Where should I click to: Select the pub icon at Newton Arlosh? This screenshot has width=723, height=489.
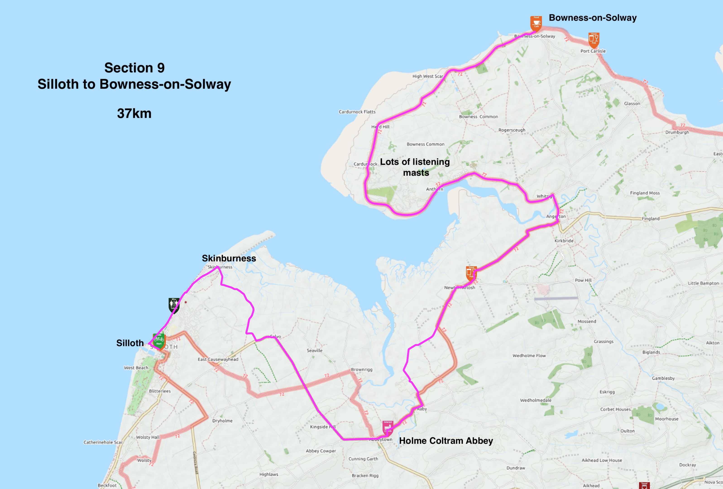(471, 273)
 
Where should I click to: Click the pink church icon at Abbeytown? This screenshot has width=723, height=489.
(388, 428)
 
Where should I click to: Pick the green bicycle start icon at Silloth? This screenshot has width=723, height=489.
(159, 341)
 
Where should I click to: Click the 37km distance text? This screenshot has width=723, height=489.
(134, 113)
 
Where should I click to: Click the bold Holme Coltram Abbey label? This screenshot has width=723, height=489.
(446, 441)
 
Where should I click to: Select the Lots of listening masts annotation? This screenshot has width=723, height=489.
(415, 167)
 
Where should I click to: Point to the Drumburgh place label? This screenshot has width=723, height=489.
(677, 132)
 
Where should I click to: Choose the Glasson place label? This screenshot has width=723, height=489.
(632, 103)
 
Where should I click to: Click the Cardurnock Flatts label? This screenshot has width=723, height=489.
(357, 112)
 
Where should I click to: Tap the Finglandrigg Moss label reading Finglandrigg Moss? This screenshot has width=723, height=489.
(645, 193)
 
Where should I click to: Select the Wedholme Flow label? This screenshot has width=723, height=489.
(529, 355)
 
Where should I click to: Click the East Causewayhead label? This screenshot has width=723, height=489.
(218, 359)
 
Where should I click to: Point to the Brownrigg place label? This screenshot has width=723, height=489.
(361, 369)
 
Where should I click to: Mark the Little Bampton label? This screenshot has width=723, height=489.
(703, 283)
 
